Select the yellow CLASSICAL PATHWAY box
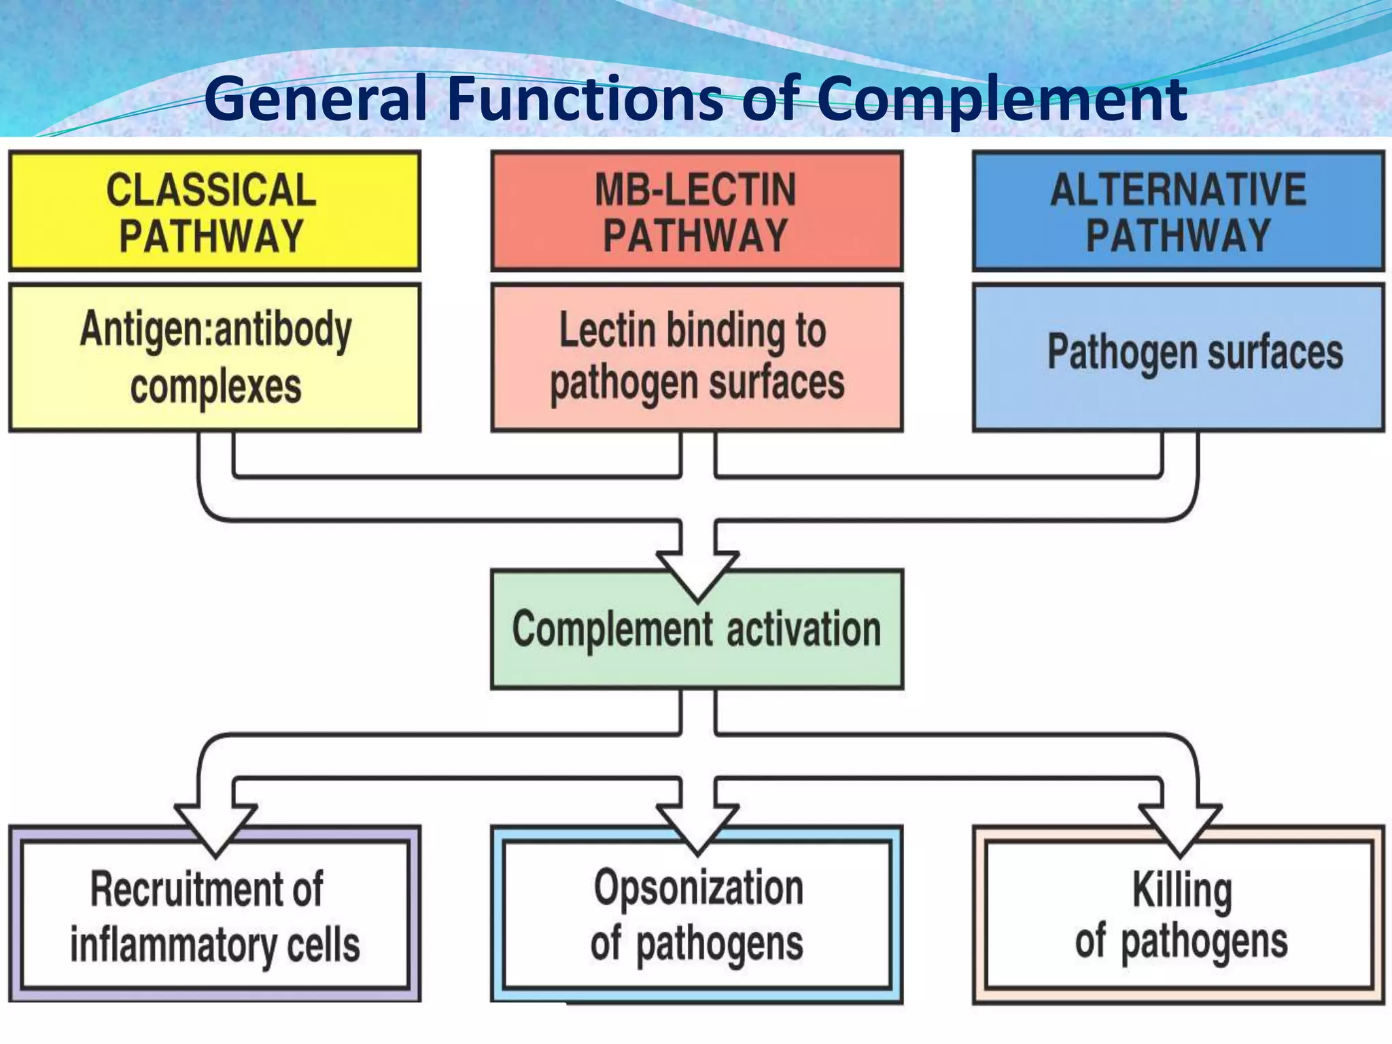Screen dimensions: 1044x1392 [215, 211]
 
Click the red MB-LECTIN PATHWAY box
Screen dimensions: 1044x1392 [697, 211]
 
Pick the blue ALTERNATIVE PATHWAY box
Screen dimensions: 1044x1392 [1178, 211]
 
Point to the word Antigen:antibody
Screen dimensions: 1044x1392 [216, 330]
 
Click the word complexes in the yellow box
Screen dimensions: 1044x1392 [216, 387]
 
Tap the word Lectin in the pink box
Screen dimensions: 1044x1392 [607, 330]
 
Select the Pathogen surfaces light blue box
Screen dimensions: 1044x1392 [1178, 357]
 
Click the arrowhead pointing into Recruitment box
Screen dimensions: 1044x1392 [215, 829]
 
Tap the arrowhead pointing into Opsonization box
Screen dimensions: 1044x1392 [697, 829]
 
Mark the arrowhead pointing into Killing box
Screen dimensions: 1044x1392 [1180, 829]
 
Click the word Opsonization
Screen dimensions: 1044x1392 [698, 888]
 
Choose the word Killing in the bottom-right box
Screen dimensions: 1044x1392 [1181, 889]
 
